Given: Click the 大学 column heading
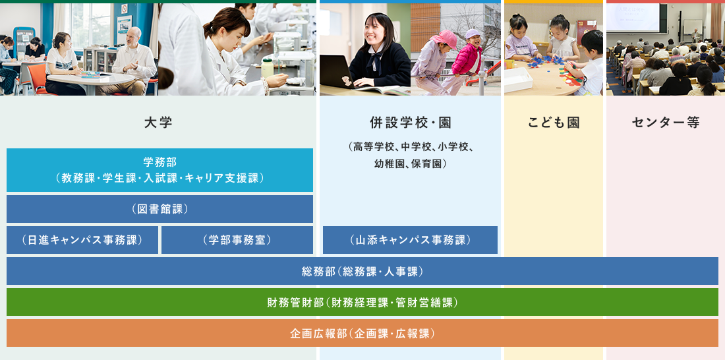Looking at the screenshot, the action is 158,123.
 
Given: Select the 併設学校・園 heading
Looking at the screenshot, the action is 410,123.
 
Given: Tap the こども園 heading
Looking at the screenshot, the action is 554,123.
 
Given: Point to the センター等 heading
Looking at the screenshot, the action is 666,123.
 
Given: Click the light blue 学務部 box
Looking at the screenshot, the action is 159,170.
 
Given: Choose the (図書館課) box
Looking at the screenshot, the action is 159,209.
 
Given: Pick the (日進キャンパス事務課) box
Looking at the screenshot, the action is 82,240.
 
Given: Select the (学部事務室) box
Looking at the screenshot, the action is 237,240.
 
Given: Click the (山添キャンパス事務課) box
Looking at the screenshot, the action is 410,240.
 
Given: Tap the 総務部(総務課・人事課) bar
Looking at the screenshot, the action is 362,271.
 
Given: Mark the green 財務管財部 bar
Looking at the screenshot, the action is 362,302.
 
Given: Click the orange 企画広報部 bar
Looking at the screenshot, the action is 362,333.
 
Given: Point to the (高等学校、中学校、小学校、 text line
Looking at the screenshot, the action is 410,148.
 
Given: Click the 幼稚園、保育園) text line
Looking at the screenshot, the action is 410,164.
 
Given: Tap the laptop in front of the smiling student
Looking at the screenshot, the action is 337,72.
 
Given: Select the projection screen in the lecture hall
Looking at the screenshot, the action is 633,18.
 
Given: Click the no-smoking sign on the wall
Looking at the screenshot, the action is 125,9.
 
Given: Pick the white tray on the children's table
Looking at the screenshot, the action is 518,79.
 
